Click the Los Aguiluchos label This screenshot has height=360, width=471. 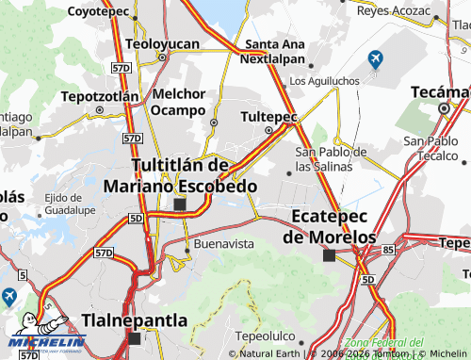324,82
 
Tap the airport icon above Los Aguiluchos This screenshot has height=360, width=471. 374,60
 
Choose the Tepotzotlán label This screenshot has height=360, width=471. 100,96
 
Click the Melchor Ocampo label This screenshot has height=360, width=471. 178,102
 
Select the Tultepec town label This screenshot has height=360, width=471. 268,116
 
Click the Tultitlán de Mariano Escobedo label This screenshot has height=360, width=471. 180,175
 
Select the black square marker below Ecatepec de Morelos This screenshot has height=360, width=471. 329,255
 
